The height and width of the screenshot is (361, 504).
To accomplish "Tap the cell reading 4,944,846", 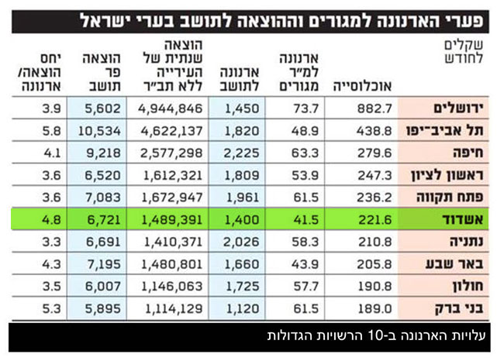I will [x=171, y=108].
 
